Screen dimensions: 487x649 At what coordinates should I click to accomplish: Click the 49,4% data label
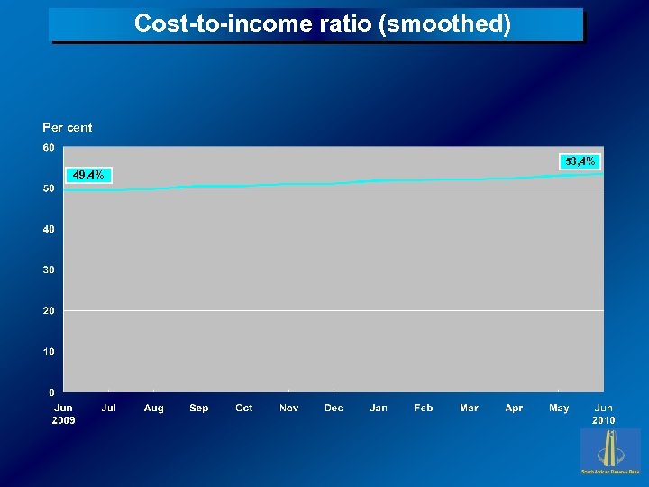pyautogui.click(x=88, y=175)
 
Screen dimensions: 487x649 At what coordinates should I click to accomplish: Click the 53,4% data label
pyautogui.click(x=580, y=161)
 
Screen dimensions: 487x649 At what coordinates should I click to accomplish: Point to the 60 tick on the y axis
pyautogui.click(x=49, y=147)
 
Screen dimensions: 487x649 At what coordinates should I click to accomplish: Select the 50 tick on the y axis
pyautogui.click(x=49, y=188)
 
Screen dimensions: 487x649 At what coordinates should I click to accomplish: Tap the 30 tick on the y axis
pyautogui.click(x=49, y=270)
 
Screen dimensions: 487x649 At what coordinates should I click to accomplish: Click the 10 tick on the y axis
pyautogui.click(x=49, y=352)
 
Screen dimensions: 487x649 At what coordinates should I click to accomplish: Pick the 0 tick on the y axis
pyautogui.click(x=51, y=392)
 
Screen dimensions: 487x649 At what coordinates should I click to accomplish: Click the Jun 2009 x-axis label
pyautogui.click(x=63, y=414)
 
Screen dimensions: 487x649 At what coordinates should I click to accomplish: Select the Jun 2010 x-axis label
pyautogui.click(x=603, y=414)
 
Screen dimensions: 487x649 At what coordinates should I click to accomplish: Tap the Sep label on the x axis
pyautogui.click(x=199, y=409)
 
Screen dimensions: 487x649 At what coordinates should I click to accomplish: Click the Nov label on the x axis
pyautogui.click(x=288, y=409)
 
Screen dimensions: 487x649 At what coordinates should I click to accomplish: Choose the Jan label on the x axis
pyautogui.click(x=379, y=409)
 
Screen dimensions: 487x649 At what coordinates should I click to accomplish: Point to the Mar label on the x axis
pyautogui.click(x=469, y=409)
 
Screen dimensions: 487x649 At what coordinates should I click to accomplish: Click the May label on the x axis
pyautogui.click(x=559, y=409)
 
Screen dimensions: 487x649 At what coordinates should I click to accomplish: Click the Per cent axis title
pyautogui.click(x=68, y=127)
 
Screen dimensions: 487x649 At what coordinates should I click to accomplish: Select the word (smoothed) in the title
pyautogui.click(x=445, y=23)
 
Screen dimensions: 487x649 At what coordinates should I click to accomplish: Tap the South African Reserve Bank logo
pyautogui.click(x=610, y=451)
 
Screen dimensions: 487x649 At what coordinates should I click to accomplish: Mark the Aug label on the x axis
pyautogui.click(x=154, y=409)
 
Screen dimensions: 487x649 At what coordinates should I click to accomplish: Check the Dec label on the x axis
pyautogui.click(x=334, y=409)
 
